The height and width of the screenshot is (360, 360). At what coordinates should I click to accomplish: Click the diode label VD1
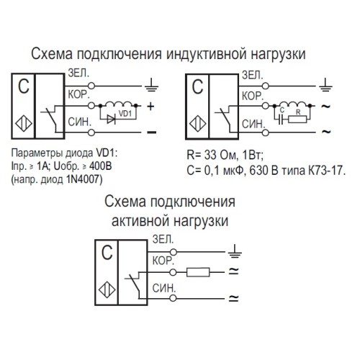pyautogui.click(x=126, y=114)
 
